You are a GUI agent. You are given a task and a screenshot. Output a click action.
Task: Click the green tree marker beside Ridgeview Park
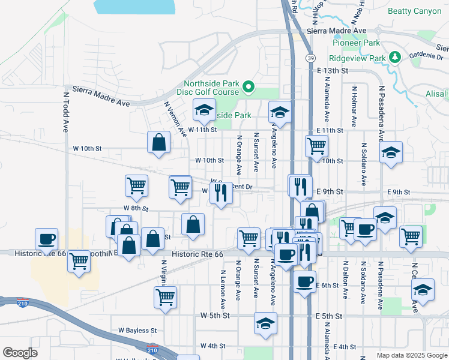point(395,57)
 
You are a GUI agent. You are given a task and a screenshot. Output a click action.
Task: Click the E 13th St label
point(333,71)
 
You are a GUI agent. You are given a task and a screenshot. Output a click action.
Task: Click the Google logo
point(20,353)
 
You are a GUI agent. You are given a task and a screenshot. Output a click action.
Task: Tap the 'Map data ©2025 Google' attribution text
point(411,355)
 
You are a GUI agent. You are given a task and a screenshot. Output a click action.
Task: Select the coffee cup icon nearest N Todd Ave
point(46,239)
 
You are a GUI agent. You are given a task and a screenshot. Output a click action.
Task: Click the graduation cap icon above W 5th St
point(265,323)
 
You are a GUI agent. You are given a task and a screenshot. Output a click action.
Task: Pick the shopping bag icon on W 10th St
point(159,142)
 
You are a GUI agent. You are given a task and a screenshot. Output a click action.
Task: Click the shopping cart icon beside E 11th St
point(316,145)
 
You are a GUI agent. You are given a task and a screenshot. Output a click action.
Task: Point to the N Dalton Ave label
point(346,280)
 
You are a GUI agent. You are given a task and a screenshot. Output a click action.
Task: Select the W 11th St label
point(202,130)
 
